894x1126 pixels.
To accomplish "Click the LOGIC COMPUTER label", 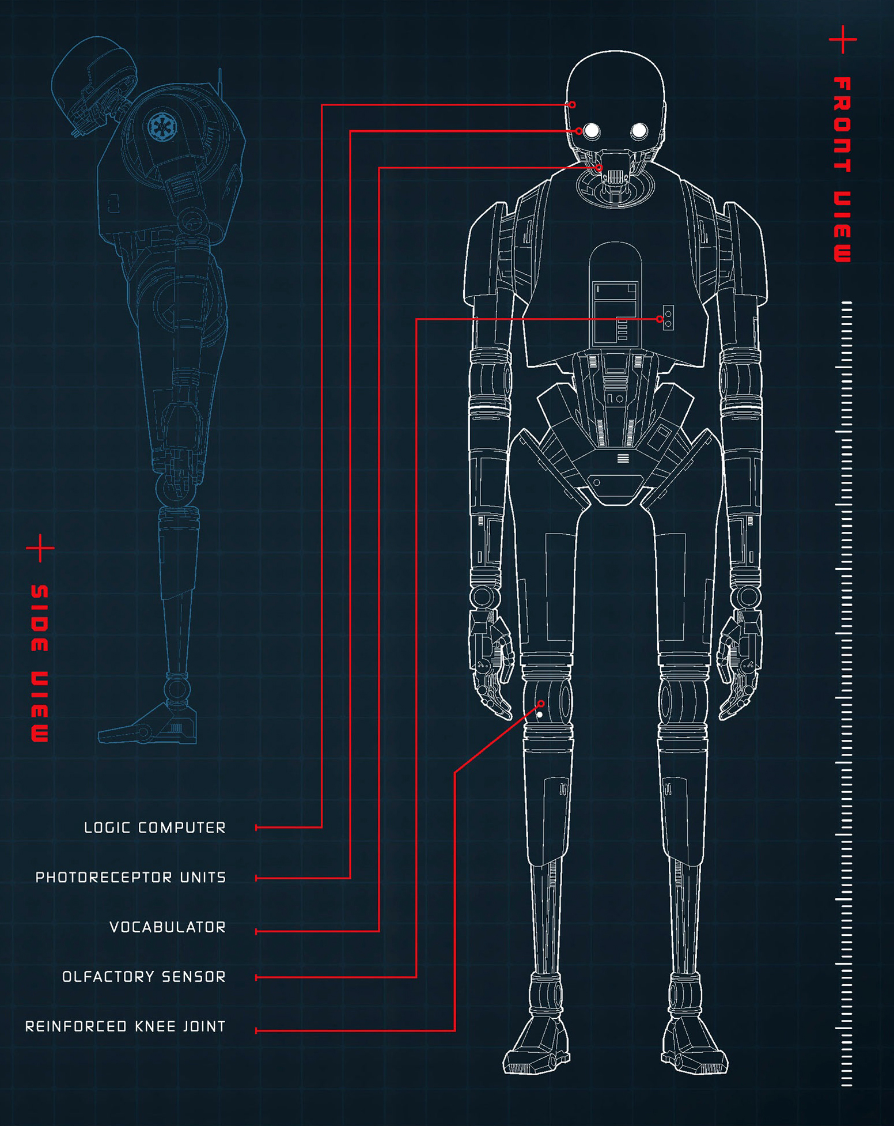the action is coord(155,828).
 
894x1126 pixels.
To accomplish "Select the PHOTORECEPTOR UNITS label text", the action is coord(131,877).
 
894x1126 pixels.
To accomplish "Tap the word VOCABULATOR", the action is coord(168,927).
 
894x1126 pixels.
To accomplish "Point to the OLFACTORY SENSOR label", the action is coord(144,977).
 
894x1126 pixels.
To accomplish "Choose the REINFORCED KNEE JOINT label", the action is coord(126,1026).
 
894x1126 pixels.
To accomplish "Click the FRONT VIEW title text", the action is coord(843,169).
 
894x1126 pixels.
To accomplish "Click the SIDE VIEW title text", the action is coord(40,663).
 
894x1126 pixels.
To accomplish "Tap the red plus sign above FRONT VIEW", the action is coord(843,39).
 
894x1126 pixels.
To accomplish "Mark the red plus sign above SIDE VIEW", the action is coord(40,547).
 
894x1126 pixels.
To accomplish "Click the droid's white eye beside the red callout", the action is coord(592,131).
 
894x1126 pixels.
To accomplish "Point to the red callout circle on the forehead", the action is coord(572,105).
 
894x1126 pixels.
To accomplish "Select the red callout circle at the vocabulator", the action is coord(599,168).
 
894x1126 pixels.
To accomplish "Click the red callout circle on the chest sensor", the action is coord(660,319).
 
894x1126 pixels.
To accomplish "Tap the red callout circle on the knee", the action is coord(541,704).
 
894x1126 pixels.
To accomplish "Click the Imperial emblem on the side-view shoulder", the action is coord(158,126).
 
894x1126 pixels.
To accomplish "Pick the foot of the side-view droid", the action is coord(147,723).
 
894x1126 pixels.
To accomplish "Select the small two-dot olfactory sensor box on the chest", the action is coord(668,318).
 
